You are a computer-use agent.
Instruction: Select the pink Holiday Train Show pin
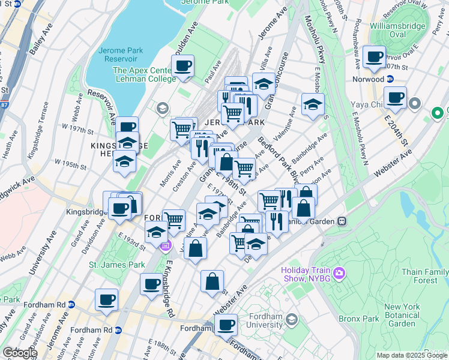[340, 274]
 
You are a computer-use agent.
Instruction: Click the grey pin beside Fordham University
[292, 318]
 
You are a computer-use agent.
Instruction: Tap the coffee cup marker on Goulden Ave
[183, 66]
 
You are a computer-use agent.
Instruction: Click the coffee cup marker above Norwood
[375, 57]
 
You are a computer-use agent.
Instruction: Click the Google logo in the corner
[19, 353]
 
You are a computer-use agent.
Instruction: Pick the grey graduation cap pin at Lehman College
[161, 109]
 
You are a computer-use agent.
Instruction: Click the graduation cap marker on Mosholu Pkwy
[313, 104]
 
